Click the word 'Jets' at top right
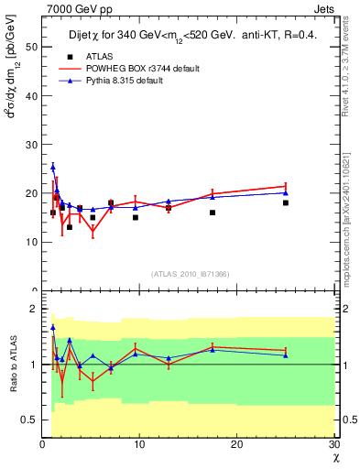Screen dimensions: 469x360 (326, 7)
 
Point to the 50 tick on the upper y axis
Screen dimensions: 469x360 (33, 45)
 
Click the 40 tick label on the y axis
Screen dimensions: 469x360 (33, 94)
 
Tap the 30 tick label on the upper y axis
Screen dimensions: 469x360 (33, 144)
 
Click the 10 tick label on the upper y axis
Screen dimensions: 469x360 (33, 242)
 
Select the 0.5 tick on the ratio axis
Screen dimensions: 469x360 (29, 420)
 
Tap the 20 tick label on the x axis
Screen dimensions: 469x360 (236, 444)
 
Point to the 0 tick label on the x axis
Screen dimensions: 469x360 (42, 444)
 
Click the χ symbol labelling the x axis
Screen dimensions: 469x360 (334, 456)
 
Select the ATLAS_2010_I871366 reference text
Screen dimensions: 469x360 (190, 274)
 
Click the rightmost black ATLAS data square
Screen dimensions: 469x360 (286, 202)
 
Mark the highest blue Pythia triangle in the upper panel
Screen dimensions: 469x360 (53, 167)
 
